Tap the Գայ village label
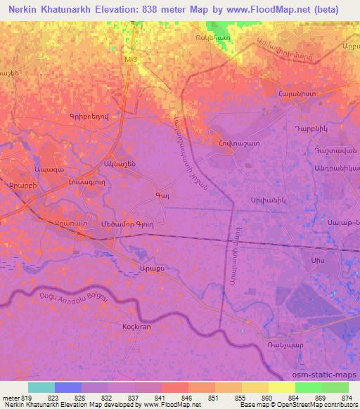point(161,194)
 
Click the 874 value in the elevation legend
point(347,397)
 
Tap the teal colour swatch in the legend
point(41,387)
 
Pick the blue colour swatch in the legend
point(68,387)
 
